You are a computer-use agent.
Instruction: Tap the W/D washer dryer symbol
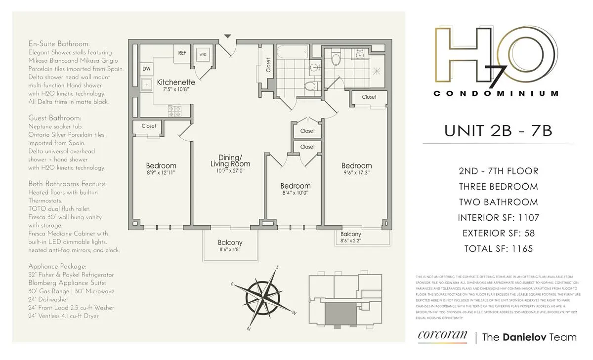tap(203, 54)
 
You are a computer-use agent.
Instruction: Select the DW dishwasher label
tap(147, 69)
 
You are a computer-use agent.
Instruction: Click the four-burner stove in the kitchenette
tap(175, 111)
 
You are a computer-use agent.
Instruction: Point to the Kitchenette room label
tap(176, 82)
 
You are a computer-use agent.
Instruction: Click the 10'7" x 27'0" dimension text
tap(230, 170)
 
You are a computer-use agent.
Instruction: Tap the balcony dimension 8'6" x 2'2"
tap(350, 240)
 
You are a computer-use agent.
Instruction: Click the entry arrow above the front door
tap(227, 36)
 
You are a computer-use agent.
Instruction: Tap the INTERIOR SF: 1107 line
tap(498, 217)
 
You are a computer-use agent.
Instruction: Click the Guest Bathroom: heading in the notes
tap(55, 118)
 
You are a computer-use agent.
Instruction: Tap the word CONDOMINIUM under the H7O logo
tap(496, 93)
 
